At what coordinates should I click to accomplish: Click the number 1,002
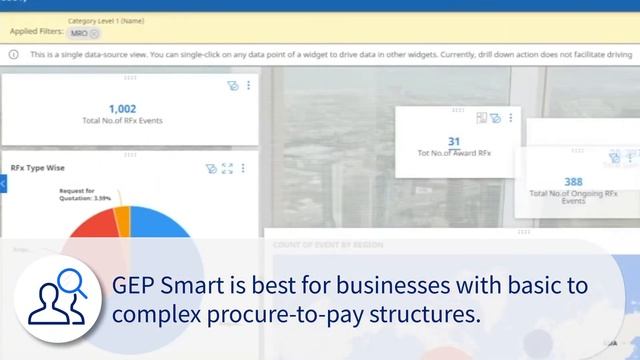(x=121, y=109)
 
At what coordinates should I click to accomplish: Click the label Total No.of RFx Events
(x=121, y=121)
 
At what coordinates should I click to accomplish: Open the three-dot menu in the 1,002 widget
(x=248, y=86)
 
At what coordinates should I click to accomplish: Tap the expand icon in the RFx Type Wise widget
(x=227, y=169)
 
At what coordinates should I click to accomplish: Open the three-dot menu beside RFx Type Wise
(x=243, y=169)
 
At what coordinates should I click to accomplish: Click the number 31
(x=454, y=142)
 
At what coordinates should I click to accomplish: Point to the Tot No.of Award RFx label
(x=454, y=154)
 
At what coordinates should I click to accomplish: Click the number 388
(x=573, y=182)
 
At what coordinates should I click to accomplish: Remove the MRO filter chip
(x=94, y=33)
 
